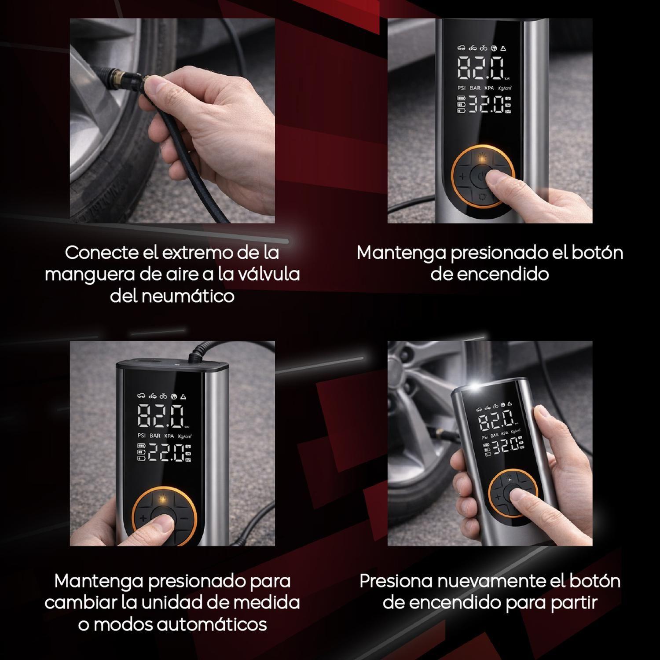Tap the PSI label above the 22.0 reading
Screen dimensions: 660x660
click(142, 436)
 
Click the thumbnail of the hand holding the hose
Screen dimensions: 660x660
click(172, 121)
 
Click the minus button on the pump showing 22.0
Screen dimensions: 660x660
click(184, 518)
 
